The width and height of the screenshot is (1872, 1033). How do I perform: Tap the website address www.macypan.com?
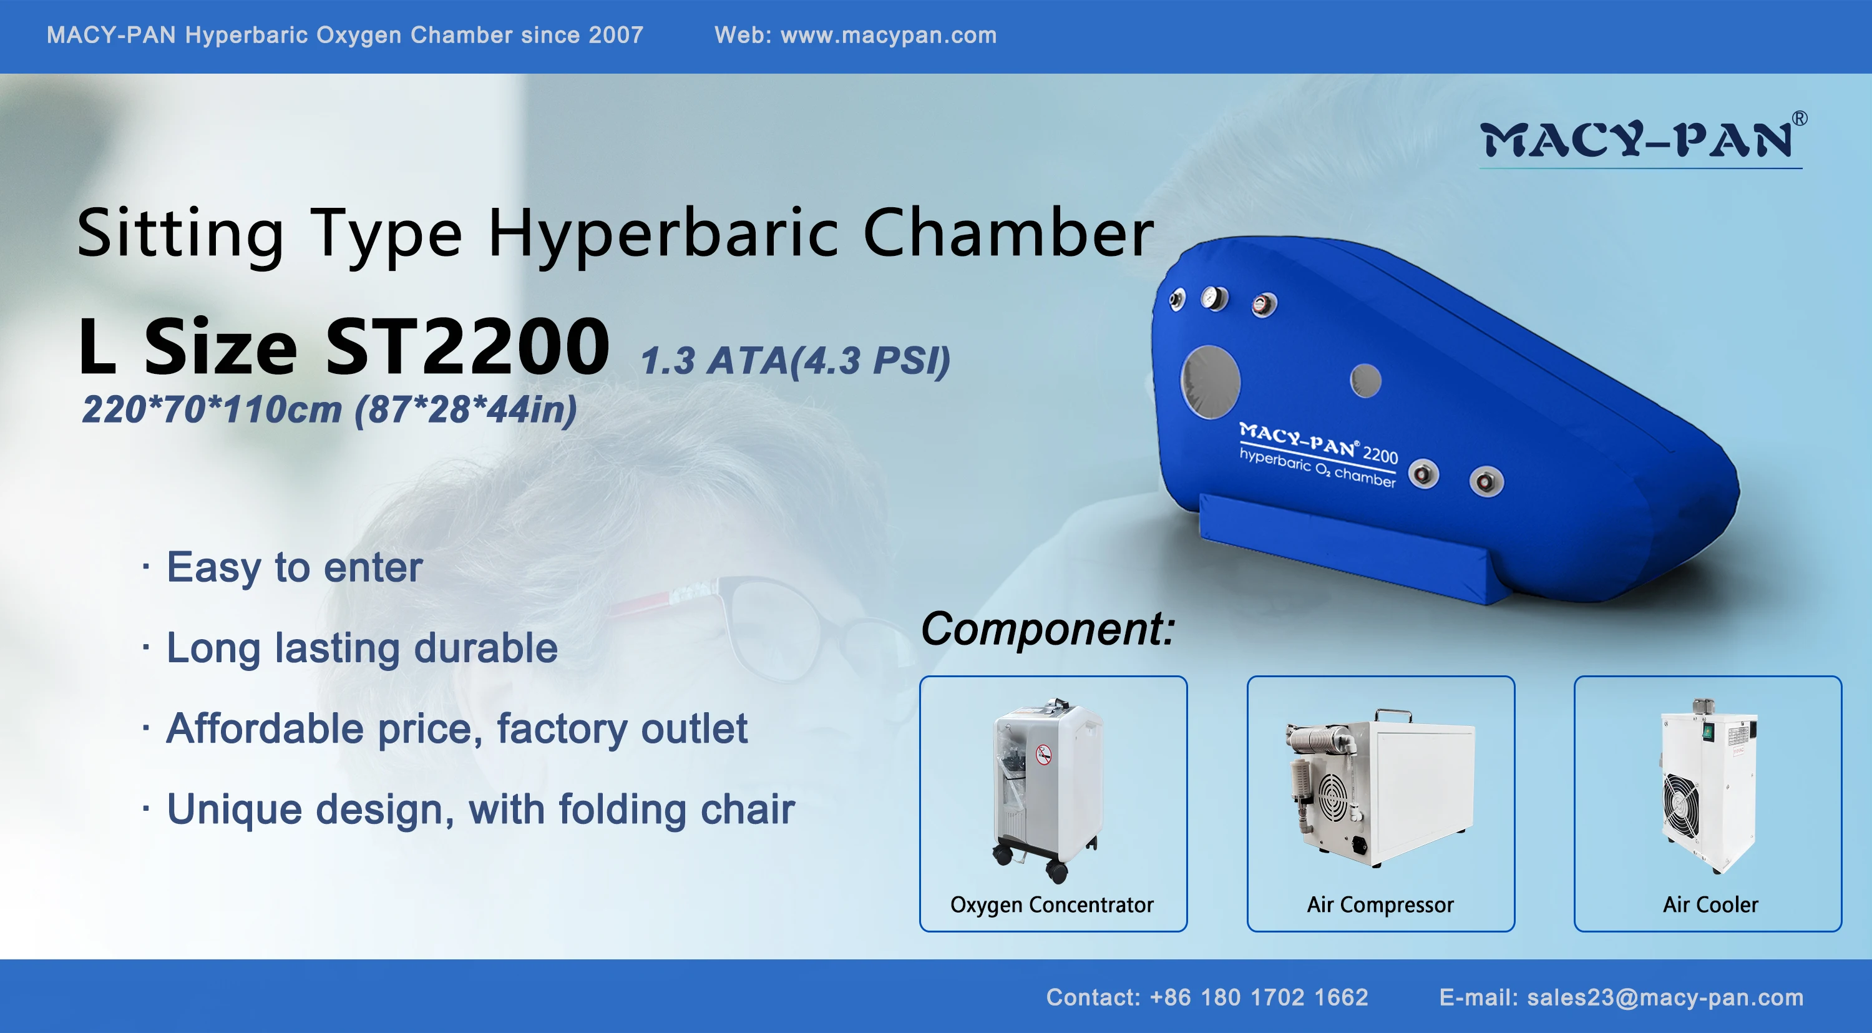coord(888,35)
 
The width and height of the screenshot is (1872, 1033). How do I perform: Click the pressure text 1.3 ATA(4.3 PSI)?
coord(795,361)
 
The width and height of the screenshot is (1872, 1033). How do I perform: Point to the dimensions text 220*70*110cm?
coord(212,409)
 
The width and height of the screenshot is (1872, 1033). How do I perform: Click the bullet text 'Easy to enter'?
coord(295,568)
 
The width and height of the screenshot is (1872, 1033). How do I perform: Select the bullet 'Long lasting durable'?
coord(362,649)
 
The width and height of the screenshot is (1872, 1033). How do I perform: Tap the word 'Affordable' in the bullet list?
coord(265,728)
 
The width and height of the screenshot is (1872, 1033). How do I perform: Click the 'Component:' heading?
coord(1048,628)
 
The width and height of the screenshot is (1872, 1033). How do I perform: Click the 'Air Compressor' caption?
coord(1380,905)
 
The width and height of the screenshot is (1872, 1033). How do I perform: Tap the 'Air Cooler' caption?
coord(1710,904)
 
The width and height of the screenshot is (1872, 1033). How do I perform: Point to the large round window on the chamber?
coord(1210,383)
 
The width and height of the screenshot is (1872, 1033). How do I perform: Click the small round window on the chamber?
coord(1365,381)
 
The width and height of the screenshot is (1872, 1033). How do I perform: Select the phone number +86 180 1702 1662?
coord(1259,997)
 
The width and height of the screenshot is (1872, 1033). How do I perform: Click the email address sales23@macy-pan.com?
coord(1665,998)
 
